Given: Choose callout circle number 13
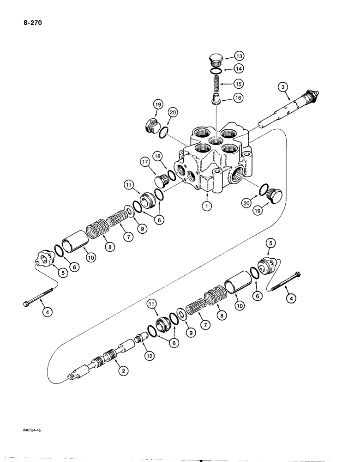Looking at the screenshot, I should tap(239, 56).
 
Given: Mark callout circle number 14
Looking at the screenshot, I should tap(239, 70).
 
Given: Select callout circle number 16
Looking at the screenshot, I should tap(239, 98).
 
